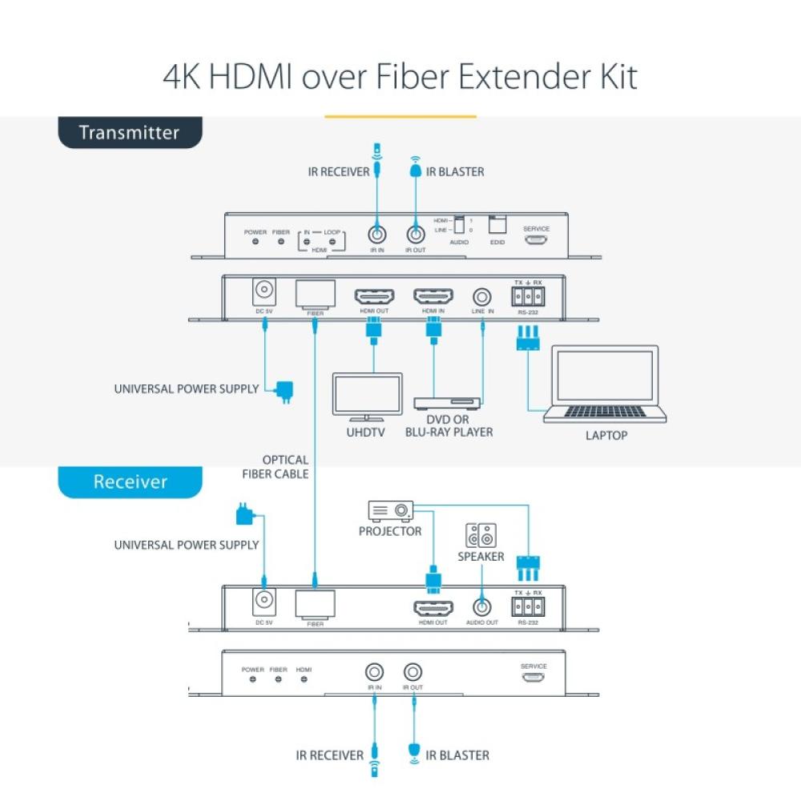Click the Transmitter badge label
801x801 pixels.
coord(129,133)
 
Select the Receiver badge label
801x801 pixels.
coord(130,481)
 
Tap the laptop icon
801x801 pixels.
coord(606,384)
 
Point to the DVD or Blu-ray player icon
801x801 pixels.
coord(447,402)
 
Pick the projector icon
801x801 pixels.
coord(390,510)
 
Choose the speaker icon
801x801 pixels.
coord(481,535)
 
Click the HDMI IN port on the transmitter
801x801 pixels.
coord(433,296)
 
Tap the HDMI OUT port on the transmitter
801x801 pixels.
coord(374,296)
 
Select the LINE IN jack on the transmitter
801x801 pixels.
coord(482,296)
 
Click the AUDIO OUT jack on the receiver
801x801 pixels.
coord(481,607)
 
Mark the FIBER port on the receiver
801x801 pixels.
coord(315,605)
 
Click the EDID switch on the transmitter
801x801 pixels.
coord(497,223)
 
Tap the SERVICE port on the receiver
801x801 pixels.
coord(533,678)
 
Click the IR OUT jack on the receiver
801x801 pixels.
coord(413,672)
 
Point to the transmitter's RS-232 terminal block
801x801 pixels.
coord(527,296)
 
